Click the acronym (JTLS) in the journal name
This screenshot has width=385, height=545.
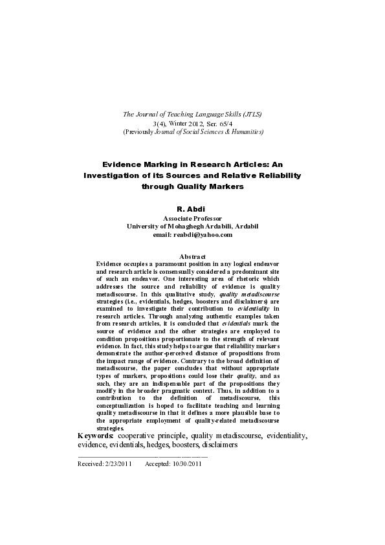click(248, 115)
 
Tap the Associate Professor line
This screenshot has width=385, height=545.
click(192, 219)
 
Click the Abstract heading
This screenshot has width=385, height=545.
click(192, 258)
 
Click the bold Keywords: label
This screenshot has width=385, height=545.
click(96, 436)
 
